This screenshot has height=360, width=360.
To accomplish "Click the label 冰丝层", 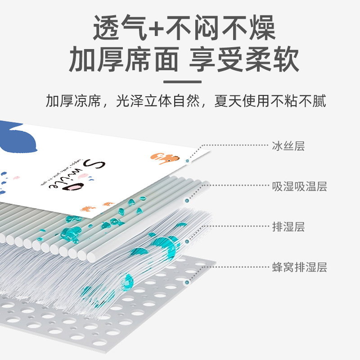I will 288,146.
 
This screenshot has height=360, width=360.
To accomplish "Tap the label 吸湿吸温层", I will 299,186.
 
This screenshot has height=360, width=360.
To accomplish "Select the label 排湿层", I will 288,227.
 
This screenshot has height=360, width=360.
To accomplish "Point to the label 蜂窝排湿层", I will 299,267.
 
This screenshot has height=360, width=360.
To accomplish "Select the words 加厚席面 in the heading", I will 123,60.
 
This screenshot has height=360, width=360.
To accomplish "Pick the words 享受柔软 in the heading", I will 244,60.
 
